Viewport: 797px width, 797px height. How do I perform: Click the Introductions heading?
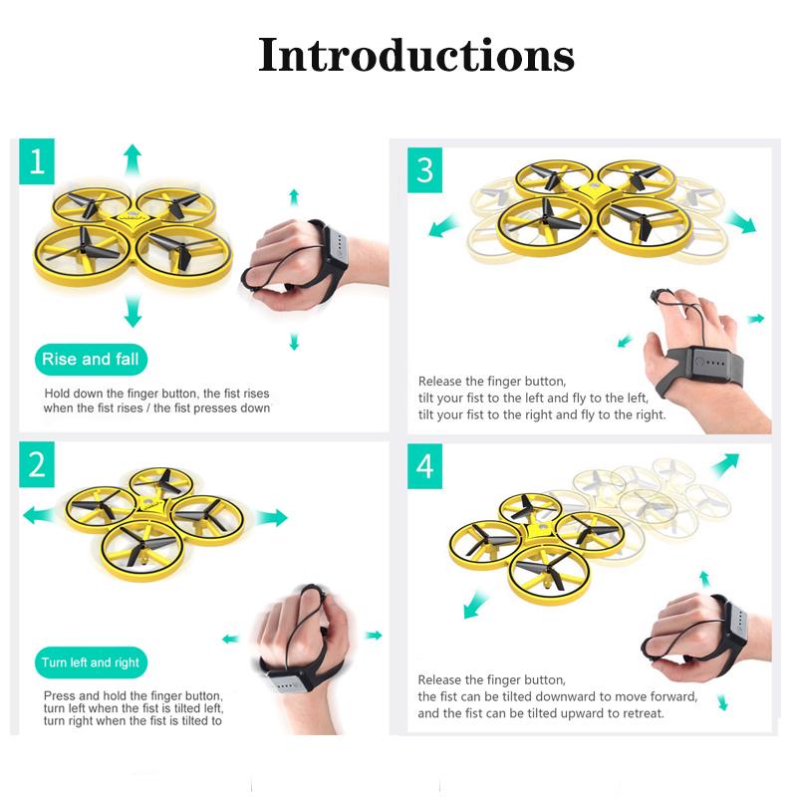point(416,55)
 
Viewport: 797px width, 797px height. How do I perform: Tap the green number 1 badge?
point(37,161)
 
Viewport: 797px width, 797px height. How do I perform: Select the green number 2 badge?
point(37,464)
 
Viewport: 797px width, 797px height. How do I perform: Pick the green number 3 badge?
point(424,170)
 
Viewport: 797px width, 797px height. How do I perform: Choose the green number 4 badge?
point(424,466)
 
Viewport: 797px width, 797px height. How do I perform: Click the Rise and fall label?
point(91,360)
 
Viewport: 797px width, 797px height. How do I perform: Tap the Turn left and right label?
point(91,663)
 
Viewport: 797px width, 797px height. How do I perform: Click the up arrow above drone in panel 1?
point(133,159)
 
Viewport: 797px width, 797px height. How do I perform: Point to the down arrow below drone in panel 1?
point(133,311)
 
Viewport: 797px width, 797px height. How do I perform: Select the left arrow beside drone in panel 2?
point(39,515)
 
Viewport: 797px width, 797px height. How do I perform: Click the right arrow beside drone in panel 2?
point(271,518)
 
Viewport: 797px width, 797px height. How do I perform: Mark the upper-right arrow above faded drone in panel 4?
point(725,465)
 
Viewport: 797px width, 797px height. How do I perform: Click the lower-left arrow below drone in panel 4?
point(476,605)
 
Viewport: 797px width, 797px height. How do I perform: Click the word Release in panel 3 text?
point(440,382)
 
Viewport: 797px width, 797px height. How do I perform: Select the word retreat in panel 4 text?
point(645,713)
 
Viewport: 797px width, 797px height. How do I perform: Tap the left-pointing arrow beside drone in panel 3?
point(442,226)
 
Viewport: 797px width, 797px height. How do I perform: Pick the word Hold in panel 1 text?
point(57,394)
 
